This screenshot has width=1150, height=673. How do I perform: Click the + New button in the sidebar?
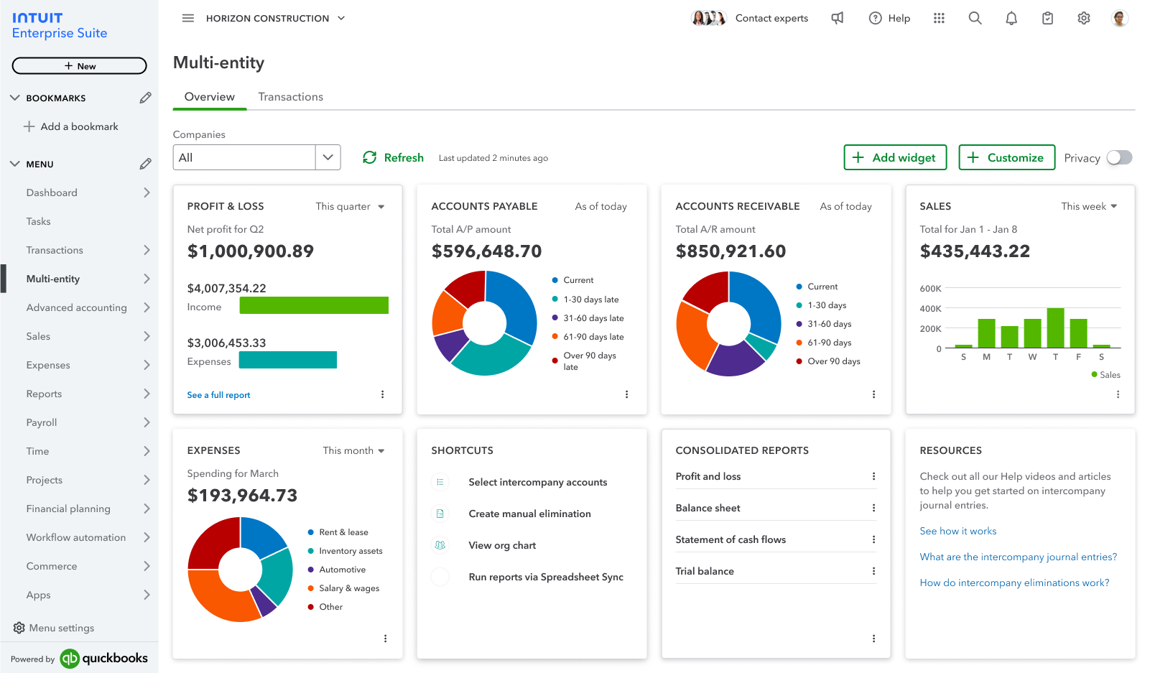point(79,66)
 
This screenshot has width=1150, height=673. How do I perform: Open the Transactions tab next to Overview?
point(290,97)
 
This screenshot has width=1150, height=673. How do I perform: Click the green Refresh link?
point(393,157)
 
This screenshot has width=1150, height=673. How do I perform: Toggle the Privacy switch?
point(1118,157)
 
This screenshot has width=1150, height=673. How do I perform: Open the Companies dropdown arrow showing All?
point(328,157)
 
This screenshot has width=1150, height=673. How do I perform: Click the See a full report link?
point(218,395)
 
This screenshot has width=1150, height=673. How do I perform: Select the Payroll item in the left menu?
point(42,422)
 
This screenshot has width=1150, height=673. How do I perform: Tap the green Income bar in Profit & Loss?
point(314,305)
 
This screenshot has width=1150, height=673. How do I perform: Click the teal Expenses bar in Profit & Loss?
point(287,360)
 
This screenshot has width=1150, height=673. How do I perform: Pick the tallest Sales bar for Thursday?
point(1055,328)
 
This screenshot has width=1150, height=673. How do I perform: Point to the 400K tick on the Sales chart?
point(930,309)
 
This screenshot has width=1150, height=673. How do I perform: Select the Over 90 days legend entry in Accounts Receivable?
point(833,361)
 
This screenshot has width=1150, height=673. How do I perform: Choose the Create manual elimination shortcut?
point(529,514)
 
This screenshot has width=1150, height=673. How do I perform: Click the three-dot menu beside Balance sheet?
point(873,508)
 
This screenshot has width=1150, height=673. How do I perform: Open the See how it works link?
point(957,531)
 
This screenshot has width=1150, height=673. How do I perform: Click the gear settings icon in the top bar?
point(1083,19)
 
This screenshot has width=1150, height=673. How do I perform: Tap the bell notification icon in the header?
point(1011,19)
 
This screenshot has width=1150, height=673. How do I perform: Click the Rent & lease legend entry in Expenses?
point(343,532)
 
